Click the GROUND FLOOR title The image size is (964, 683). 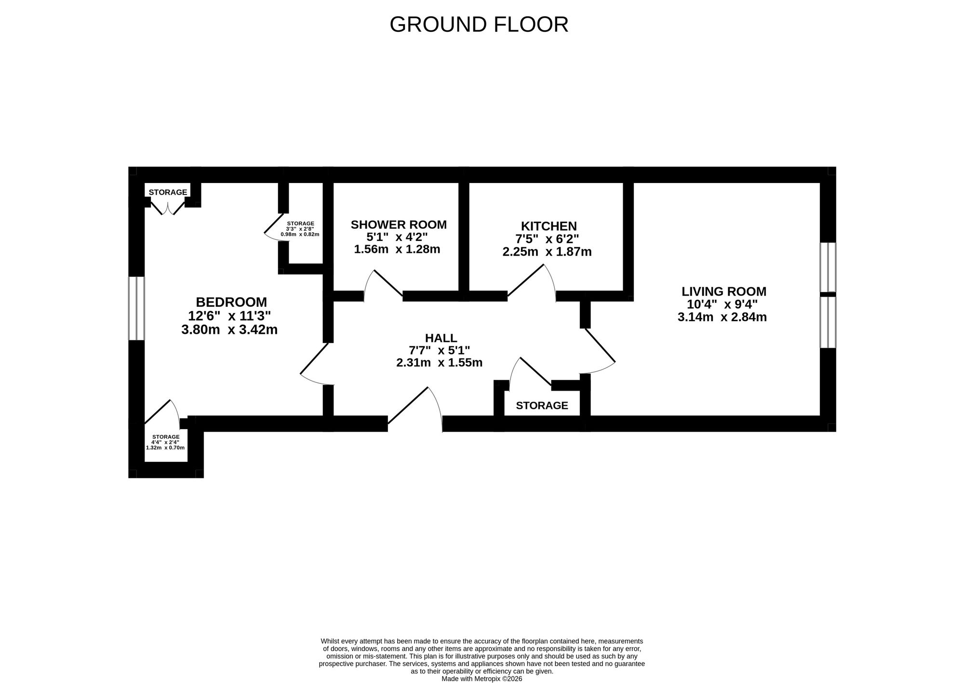(x=479, y=25)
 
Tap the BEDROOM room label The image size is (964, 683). (x=231, y=302)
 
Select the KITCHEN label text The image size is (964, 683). (x=549, y=226)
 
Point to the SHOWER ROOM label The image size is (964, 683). (x=399, y=224)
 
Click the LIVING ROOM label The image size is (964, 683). (x=724, y=291)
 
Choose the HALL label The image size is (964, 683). (x=441, y=338)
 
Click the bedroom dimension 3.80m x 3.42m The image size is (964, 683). (x=229, y=330)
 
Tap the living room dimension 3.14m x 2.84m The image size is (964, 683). (x=722, y=317)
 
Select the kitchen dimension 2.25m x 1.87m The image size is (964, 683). (x=547, y=251)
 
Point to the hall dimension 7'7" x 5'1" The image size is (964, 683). (x=439, y=350)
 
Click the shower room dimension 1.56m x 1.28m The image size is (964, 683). (x=397, y=250)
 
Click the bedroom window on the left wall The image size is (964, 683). (x=136, y=308)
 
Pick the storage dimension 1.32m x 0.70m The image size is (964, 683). (x=165, y=447)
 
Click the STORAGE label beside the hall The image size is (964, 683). (x=542, y=406)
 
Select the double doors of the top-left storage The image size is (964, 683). (x=168, y=208)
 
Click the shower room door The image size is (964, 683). (x=383, y=285)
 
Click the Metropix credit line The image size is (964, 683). (x=482, y=679)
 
